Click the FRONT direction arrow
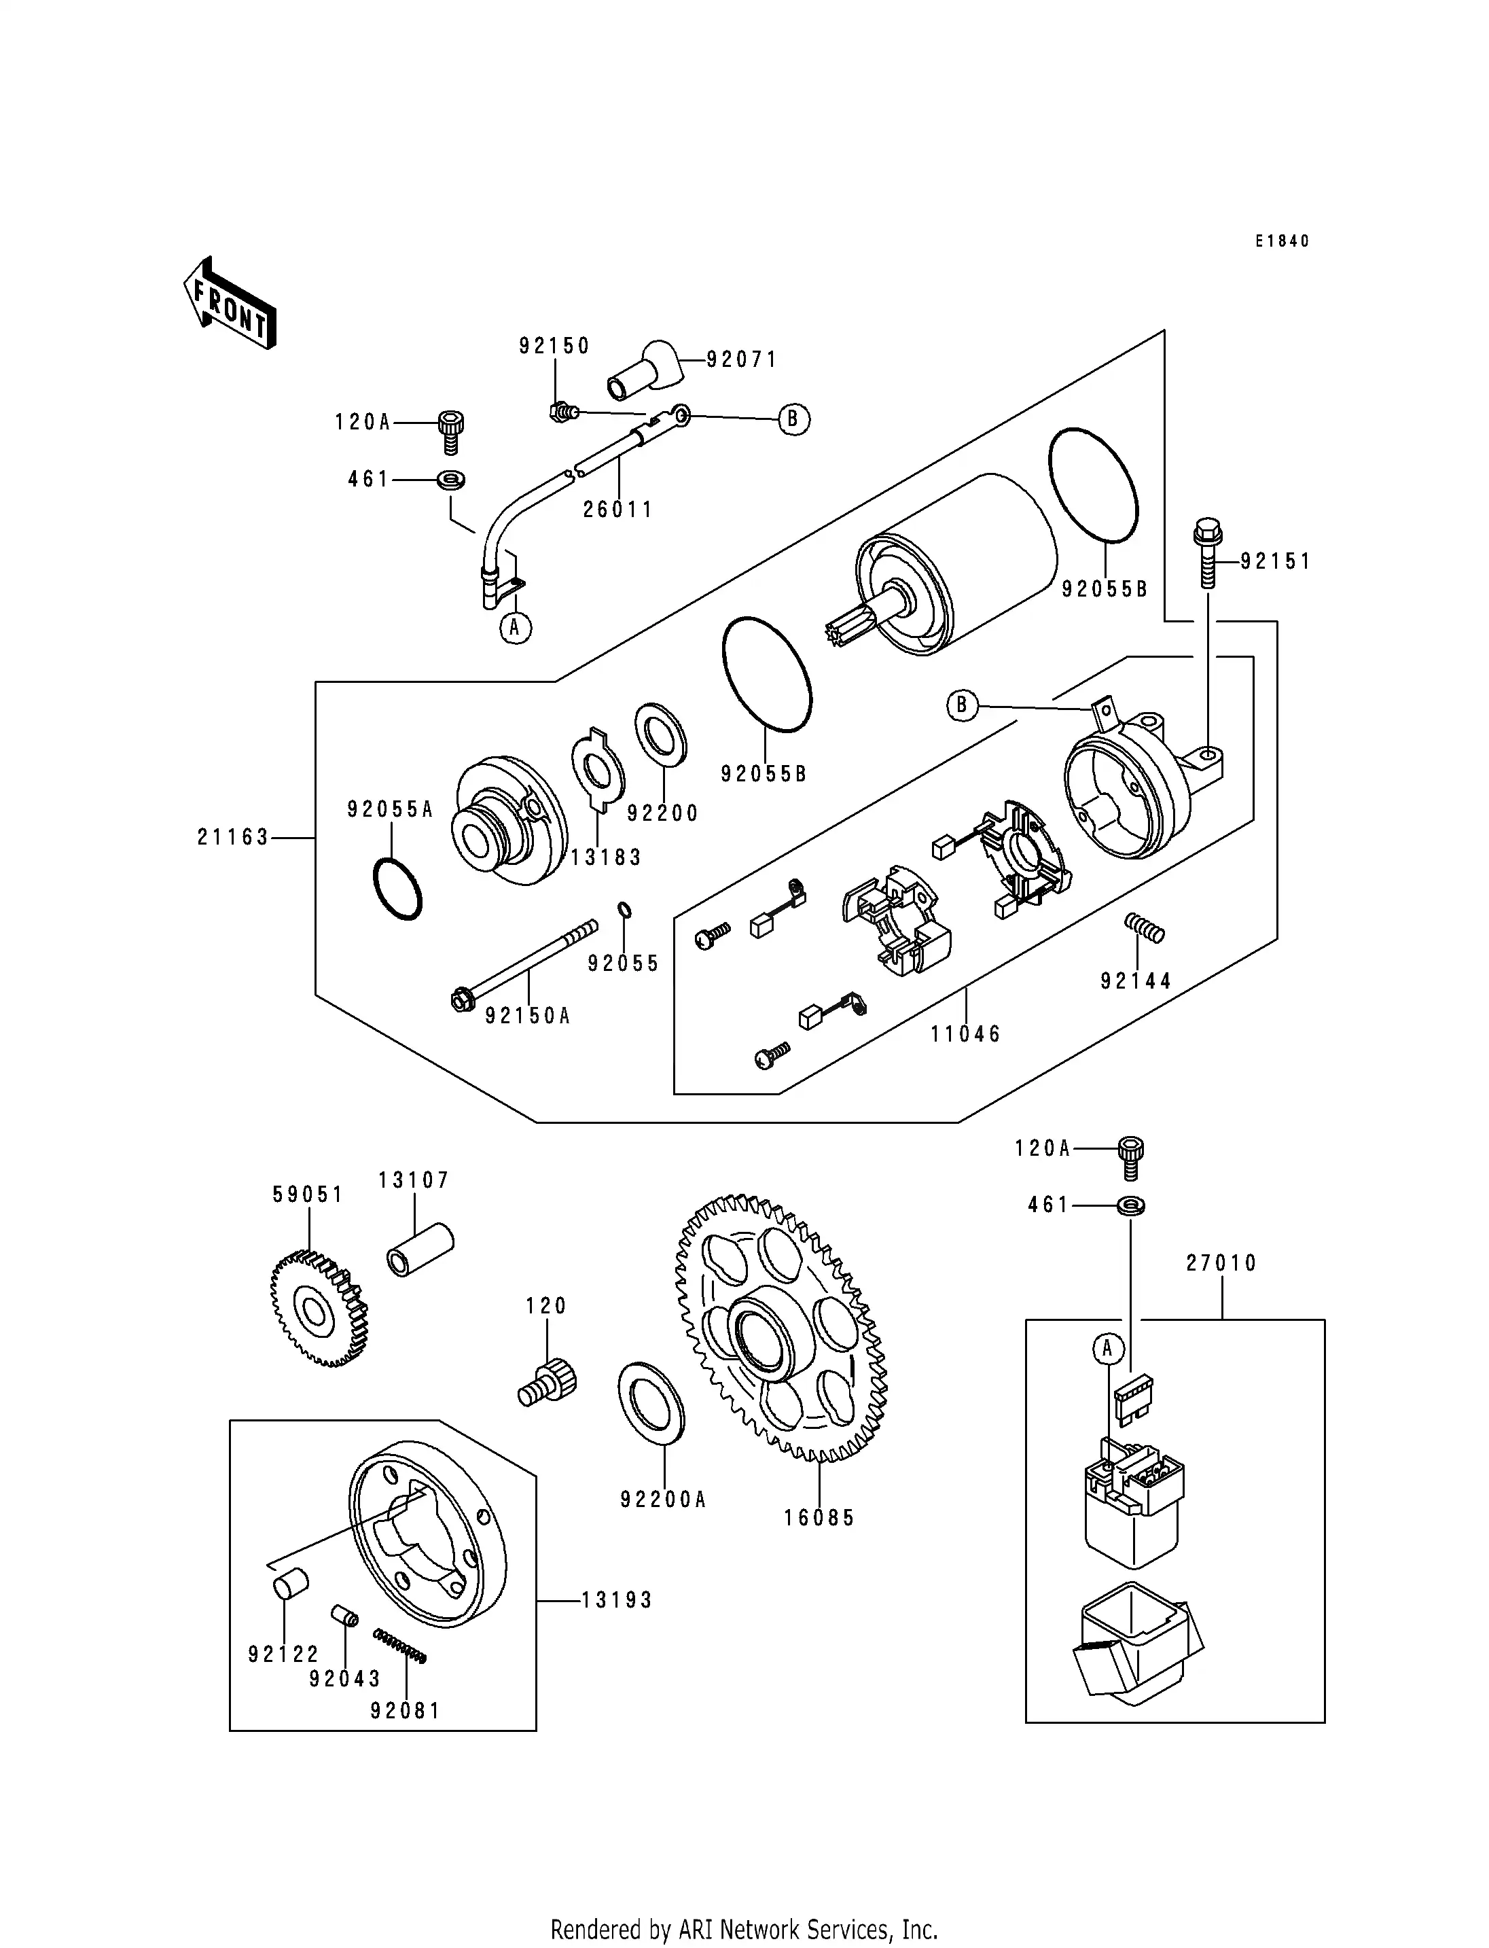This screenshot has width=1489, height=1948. tap(230, 303)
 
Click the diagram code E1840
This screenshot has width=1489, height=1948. tap(1282, 241)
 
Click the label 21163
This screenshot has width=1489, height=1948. tap(232, 837)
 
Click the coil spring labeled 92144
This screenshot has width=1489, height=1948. tap(1144, 929)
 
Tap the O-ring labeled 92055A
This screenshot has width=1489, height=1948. tap(396, 889)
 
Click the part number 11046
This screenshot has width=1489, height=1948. tap(965, 1034)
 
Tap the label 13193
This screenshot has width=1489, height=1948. tap(617, 1600)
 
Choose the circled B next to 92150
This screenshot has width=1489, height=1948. tap(793, 419)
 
